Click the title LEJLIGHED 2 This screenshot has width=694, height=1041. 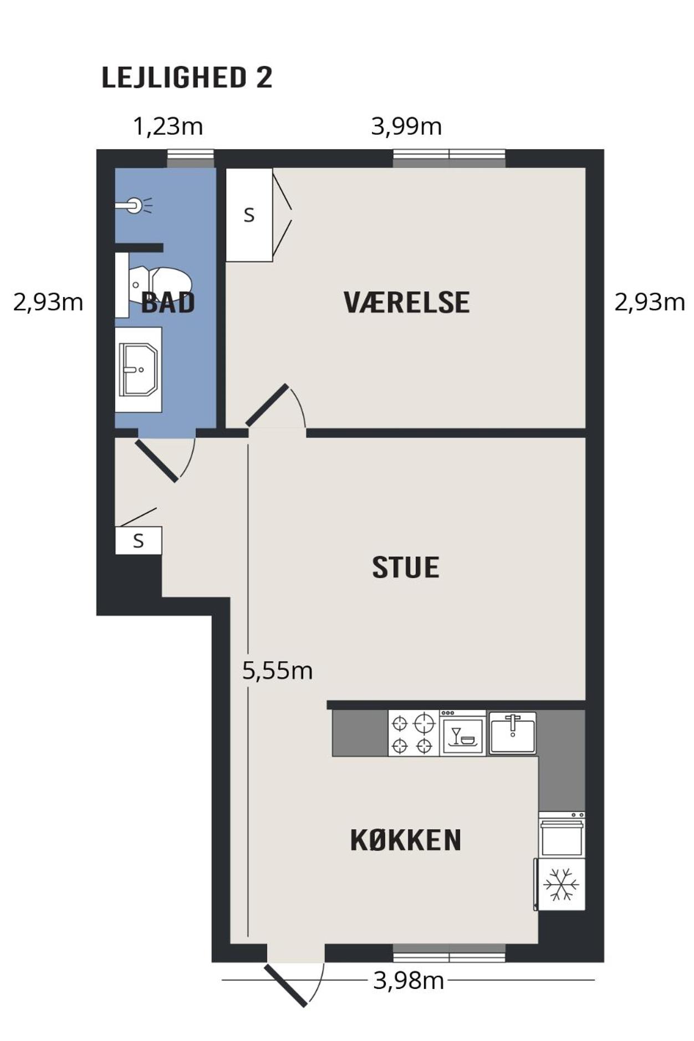click(187, 77)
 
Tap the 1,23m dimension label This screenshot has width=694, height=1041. click(168, 126)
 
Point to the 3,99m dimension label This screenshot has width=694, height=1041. click(406, 126)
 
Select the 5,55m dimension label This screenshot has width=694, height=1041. click(277, 671)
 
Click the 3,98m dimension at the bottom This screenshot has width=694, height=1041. click(409, 981)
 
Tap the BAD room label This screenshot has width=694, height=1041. click(168, 303)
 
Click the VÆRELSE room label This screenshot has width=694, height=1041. click(406, 303)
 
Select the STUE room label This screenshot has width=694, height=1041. click(406, 568)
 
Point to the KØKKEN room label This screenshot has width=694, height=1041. click(406, 840)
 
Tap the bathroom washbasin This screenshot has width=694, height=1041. click(139, 369)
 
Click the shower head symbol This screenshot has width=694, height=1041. click(134, 206)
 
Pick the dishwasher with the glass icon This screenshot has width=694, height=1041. click(463, 733)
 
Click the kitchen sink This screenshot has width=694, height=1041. click(513, 733)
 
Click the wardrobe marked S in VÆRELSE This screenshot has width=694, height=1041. click(249, 215)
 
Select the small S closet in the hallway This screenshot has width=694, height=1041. click(139, 540)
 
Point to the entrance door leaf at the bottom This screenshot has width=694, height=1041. click(285, 986)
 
